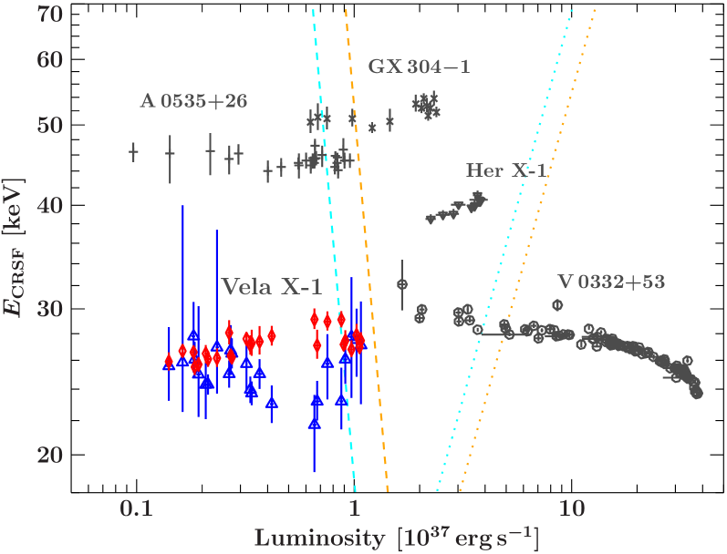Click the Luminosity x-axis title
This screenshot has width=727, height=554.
(x=396, y=539)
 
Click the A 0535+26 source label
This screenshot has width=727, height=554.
(x=193, y=101)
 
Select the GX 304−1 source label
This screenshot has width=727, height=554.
(x=419, y=67)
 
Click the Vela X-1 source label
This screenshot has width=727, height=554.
(x=272, y=287)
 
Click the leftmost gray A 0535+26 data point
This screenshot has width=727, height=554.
(x=134, y=152)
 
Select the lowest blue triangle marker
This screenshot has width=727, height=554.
(x=315, y=422)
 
